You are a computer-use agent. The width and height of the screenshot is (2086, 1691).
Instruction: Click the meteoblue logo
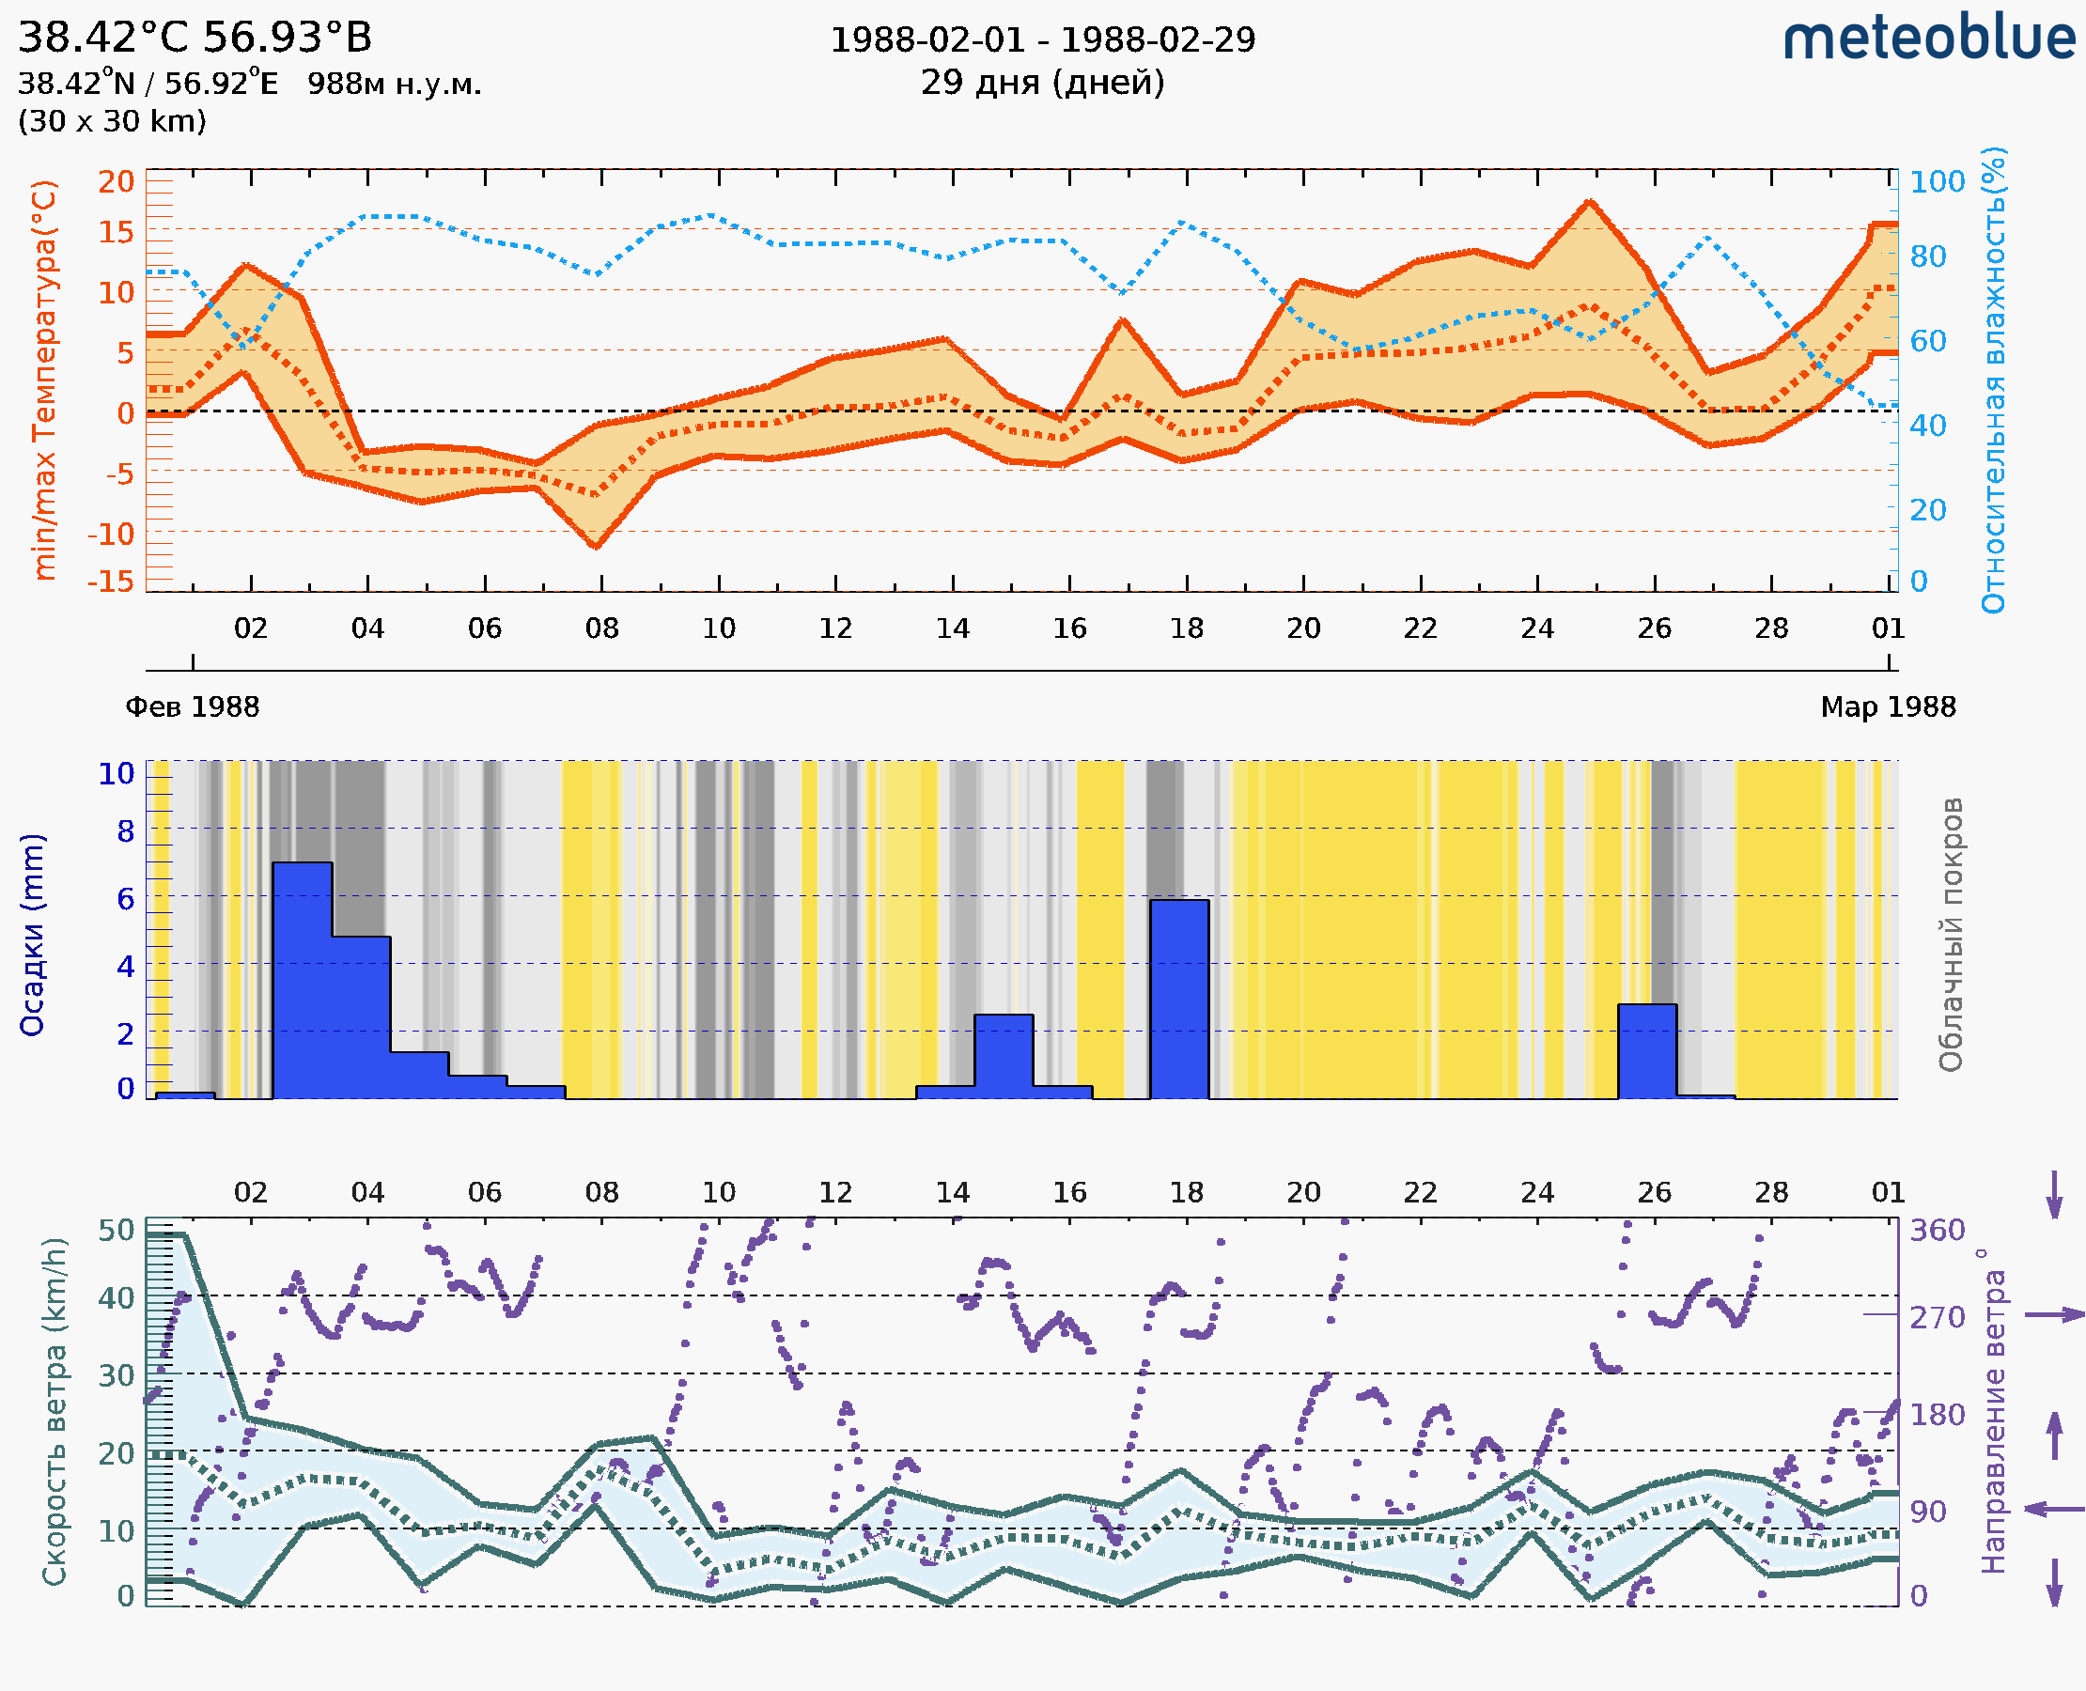click(x=1928, y=39)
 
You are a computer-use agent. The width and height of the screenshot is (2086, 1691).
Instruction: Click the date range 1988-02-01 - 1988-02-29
click(x=1042, y=40)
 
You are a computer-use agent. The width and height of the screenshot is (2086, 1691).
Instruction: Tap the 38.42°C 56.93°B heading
click(x=195, y=38)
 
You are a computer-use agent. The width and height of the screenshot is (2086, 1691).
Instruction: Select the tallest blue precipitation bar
click(x=302, y=979)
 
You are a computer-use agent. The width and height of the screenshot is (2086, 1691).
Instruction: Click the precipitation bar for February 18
click(x=1179, y=999)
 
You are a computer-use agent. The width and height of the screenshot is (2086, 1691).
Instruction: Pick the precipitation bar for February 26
click(x=1646, y=1050)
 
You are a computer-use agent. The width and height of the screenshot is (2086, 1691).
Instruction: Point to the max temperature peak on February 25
click(x=1589, y=202)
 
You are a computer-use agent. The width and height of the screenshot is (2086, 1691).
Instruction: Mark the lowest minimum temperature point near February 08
click(x=597, y=546)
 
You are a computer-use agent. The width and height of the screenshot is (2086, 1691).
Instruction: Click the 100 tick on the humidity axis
click(x=1937, y=182)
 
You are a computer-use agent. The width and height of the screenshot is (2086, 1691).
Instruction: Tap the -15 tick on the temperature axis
click(x=110, y=582)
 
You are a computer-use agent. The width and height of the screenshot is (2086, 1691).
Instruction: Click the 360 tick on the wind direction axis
click(x=1937, y=1231)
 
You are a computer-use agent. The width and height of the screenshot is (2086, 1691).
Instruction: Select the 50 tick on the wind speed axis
click(x=116, y=1231)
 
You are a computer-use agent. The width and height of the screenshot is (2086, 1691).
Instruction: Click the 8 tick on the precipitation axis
click(x=126, y=831)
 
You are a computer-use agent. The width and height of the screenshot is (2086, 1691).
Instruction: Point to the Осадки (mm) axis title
click(x=32, y=935)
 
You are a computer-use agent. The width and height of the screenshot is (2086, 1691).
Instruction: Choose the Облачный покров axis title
click(x=1951, y=935)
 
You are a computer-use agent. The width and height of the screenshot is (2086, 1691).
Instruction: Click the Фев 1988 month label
click(x=193, y=706)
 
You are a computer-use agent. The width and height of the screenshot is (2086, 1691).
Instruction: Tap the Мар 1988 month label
click(x=1887, y=706)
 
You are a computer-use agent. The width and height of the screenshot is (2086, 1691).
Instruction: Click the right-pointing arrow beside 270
click(x=2055, y=1315)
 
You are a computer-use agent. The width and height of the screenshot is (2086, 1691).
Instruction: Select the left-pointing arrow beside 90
click(x=2055, y=1509)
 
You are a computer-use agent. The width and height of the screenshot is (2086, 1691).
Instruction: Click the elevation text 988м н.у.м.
click(x=395, y=85)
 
